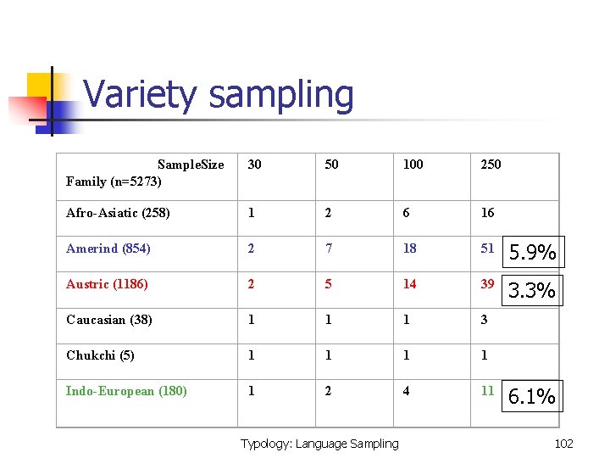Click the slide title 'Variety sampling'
219,94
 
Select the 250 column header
491,165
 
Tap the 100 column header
413,165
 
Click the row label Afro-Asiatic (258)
118,213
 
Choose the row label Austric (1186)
107,284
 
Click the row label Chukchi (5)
100,355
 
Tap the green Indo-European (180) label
126,391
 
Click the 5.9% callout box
533,252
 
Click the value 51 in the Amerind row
487,249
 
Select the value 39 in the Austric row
487,284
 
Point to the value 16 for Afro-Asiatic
487,213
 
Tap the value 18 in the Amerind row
410,249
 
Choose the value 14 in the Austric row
410,284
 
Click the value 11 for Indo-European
487,391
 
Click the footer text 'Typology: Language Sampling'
319,443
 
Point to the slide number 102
563,443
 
